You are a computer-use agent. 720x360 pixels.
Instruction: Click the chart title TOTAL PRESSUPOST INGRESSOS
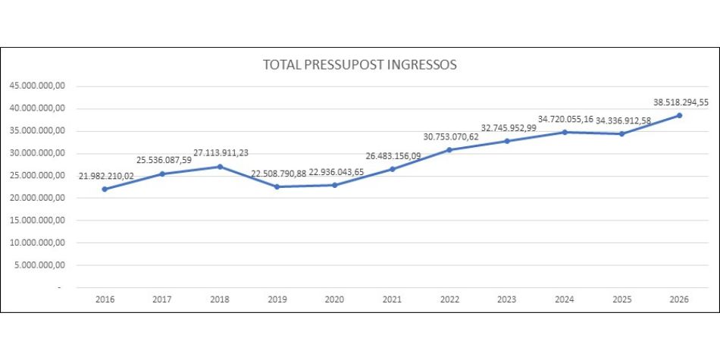(x=359, y=65)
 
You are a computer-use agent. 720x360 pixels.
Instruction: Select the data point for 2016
(x=105, y=189)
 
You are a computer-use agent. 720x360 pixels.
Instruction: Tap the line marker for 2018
(x=220, y=167)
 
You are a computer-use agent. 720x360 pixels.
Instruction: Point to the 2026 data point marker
(x=679, y=115)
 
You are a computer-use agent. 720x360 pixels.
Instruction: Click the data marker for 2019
(x=277, y=186)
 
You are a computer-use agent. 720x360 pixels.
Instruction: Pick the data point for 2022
(x=449, y=149)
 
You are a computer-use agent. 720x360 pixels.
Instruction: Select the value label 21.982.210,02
(x=106, y=175)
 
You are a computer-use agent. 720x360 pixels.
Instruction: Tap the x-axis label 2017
(x=162, y=299)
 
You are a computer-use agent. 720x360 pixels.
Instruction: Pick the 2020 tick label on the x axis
(x=334, y=299)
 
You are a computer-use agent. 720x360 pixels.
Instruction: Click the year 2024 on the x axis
(x=564, y=299)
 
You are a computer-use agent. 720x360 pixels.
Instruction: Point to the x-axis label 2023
(x=507, y=299)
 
